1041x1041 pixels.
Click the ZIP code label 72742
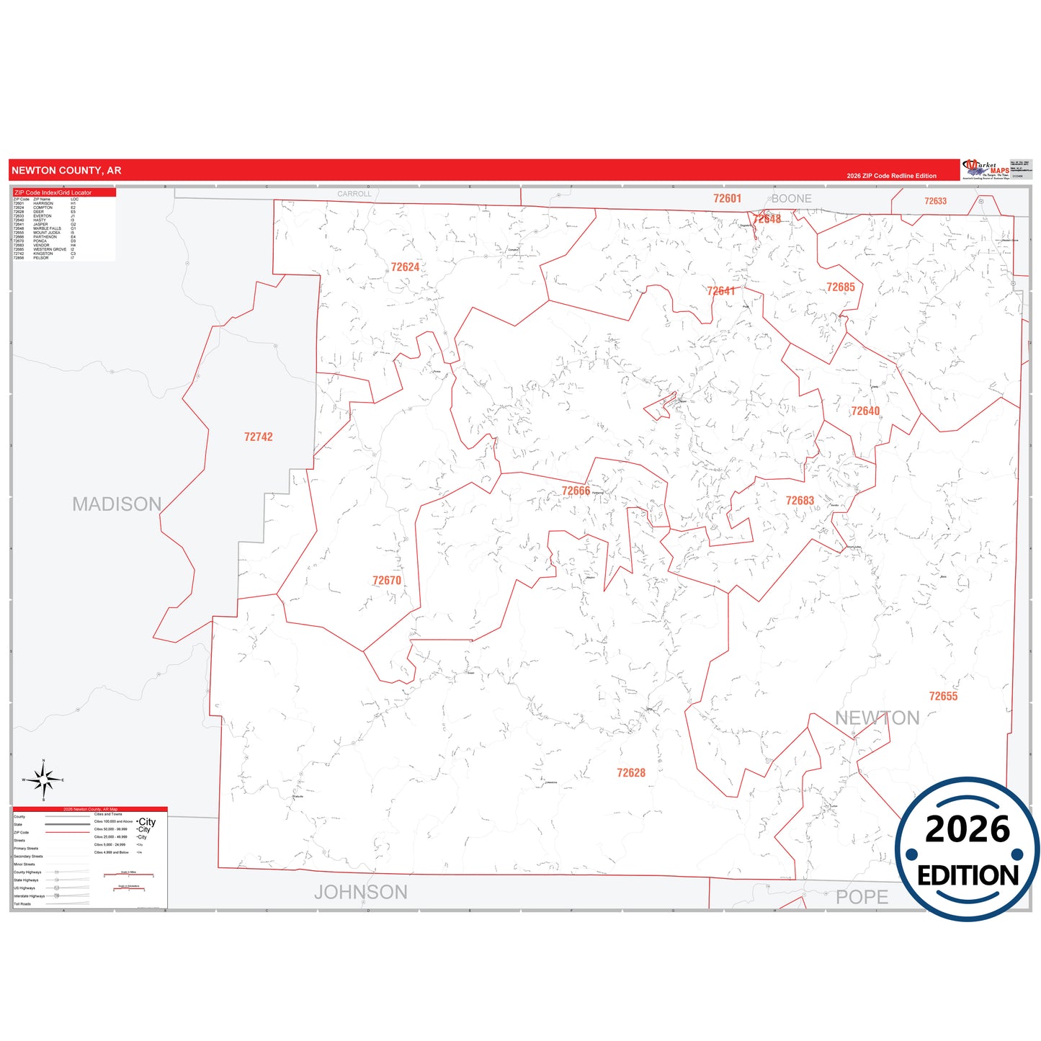(x=258, y=437)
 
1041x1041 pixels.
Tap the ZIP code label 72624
(x=405, y=267)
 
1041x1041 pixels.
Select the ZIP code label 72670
(x=387, y=581)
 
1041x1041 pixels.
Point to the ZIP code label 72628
(x=631, y=773)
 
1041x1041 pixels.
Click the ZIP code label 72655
(x=943, y=696)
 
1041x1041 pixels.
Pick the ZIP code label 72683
(x=800, y=501)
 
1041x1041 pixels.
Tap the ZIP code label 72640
(x=865, y=411)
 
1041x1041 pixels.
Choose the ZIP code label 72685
(x=841, y=287)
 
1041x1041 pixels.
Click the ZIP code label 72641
(x=721, y=291)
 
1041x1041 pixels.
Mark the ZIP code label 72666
(x=576, y=491)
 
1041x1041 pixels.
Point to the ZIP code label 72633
(x=935, y=201)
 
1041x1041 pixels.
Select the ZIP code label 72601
(x=727, y=199)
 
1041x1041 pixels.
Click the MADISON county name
(x=117, y=504)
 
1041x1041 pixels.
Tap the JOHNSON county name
(x=361, y=893)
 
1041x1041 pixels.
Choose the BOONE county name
(x=792, y=199)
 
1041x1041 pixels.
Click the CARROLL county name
(x=354, y=194)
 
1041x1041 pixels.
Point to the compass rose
(x=43, y=779)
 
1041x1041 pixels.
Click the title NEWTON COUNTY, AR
(x=66, y=171)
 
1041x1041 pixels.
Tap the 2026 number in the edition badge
(x=968, y=829)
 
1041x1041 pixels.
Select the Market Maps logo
(x=986, y=170)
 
